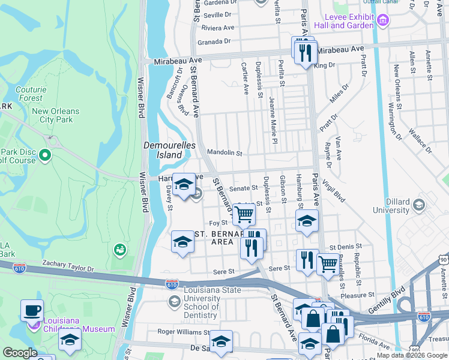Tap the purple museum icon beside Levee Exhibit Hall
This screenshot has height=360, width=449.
(x=384, y=22)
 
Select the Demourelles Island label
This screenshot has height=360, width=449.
(x=163, y=150)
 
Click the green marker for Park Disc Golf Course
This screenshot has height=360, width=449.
(x=45, y=156)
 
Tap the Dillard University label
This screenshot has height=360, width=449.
(x=390, y=206)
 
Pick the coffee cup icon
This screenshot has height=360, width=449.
(x=32, y=311)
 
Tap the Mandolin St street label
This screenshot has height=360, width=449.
(x=224, y=153)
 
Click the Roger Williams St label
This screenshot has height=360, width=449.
(x=183, y=331)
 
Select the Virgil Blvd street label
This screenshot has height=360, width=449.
(x=333, y=191)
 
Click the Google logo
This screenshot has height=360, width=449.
(x=20, y=353)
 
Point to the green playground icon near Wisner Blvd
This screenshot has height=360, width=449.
(x=119, y=249)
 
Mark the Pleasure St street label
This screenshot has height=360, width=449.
(x=357, y=295)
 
